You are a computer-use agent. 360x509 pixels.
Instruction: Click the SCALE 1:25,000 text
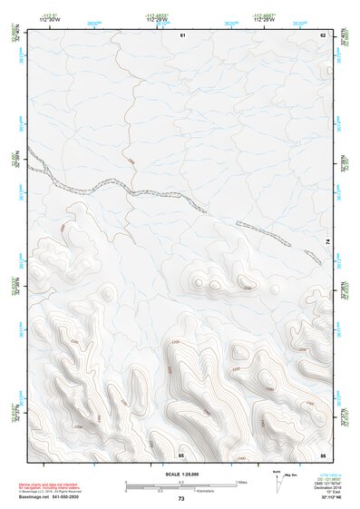coord(180,475)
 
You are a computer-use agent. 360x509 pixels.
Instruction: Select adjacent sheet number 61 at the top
coord(181,34)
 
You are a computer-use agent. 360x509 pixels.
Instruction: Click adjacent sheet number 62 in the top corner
coord(322,34)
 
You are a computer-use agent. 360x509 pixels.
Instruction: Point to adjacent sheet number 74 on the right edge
coord(327,241)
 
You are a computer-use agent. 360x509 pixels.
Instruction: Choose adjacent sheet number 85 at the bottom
coord(181,454)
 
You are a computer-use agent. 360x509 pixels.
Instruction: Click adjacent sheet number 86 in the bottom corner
coord(322,454)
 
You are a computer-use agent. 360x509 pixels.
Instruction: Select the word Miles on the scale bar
coord(241,482)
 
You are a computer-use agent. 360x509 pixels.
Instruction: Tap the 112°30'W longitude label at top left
coord(49,20)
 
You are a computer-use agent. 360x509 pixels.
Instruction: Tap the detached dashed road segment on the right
coord(278,240)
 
